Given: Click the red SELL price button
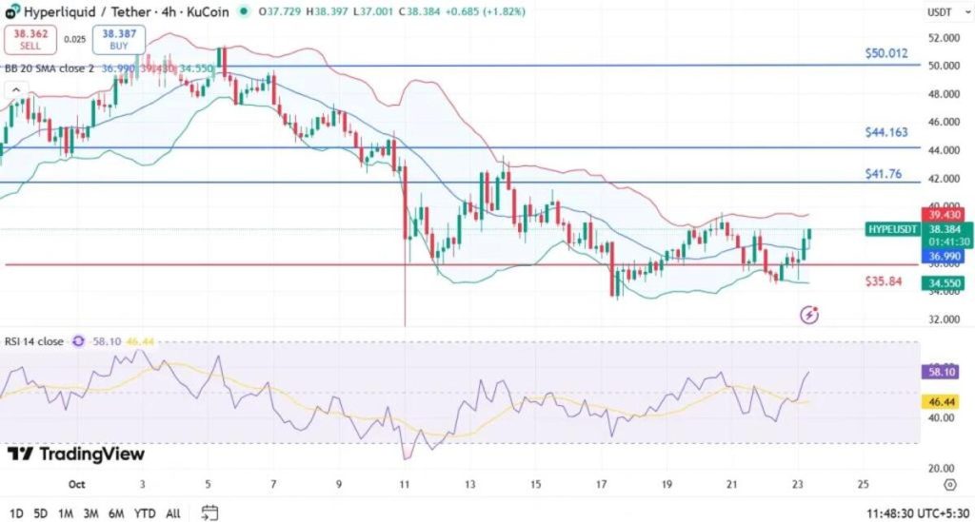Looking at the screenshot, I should tap(30, 39).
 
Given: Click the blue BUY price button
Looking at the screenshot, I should tap(112, 39).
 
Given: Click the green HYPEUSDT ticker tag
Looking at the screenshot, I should tap(892, 229).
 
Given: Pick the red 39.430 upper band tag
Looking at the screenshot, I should tap(943, 215).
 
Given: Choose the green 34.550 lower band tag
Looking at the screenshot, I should tap(943, 283).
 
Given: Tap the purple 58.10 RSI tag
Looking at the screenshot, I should tap(943, 373).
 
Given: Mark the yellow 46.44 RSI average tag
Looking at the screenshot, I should tap(943, 402).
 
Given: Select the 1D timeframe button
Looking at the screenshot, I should tap(16, 513).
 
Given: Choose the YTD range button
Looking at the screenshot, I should tap(146, 513).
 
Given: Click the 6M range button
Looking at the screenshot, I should tap(116, 513).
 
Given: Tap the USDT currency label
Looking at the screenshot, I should tap(941, 12).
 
